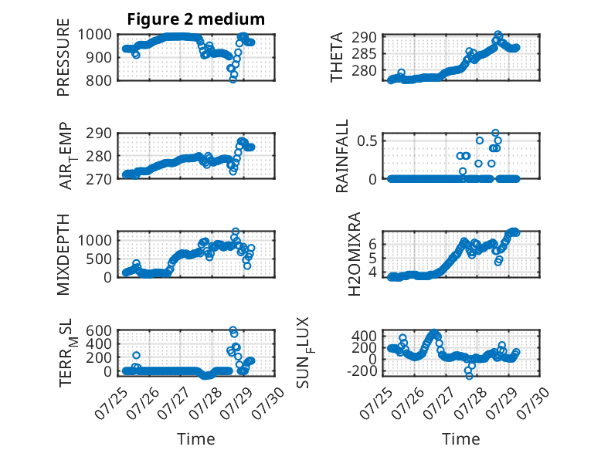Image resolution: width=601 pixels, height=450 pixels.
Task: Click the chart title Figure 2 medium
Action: [196, 19]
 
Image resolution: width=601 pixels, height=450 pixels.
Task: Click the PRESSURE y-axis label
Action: [63, 57]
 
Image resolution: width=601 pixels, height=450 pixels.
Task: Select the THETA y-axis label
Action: [336, 57]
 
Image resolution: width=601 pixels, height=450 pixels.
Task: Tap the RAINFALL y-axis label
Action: [341, 155]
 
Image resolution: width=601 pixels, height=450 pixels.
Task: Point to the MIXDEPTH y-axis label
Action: [63, 255]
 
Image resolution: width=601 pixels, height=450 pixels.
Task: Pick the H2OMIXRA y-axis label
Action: [354, 254]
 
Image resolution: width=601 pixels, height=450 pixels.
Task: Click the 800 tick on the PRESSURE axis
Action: [99, 81]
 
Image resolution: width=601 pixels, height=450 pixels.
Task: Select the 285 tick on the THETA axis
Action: [364, 54]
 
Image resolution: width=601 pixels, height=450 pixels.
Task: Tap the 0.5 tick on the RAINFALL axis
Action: [367, 141]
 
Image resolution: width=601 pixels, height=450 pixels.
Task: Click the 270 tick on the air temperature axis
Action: [99, 179]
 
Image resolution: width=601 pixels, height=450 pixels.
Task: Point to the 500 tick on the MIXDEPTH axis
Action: [99, 259]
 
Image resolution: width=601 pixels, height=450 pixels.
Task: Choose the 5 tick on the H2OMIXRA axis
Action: [373, 258]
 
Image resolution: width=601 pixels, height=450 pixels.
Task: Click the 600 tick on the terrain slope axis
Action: [99, 330]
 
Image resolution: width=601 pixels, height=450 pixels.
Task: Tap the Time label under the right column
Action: [460, 438]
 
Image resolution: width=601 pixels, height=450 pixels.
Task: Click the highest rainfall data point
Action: [495, 134]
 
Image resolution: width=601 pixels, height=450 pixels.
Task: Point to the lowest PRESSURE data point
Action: [233, 80]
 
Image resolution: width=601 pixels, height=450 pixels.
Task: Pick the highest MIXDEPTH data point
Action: [236, 232]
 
